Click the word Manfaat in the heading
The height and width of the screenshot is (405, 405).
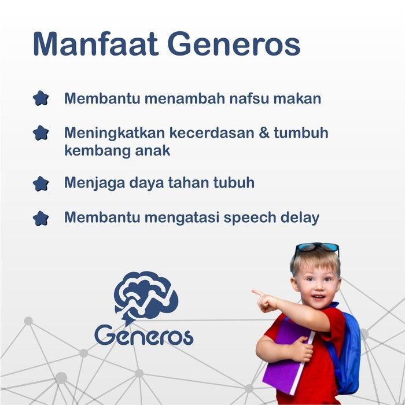[95, 43]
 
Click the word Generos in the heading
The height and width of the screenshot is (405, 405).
[234, 43]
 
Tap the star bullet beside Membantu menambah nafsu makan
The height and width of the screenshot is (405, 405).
[41, 98]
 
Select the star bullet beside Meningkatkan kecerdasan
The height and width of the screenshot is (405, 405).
[41, 132]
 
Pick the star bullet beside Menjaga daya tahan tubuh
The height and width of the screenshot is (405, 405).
[41, 183]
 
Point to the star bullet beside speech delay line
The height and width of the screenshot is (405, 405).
[41, 219]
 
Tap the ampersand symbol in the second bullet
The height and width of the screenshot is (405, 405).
[264, 132]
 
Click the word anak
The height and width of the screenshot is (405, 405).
[153, 150]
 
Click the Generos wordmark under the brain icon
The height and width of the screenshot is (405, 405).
[144, 335]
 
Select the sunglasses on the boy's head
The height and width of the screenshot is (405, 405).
[317, 248]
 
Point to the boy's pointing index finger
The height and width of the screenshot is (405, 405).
[258, 293]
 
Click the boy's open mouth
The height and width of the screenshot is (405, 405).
[318, 297]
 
